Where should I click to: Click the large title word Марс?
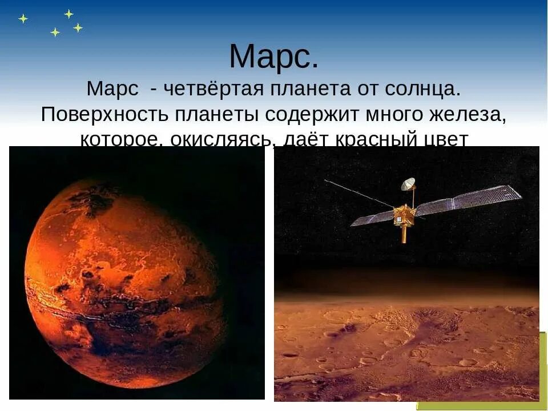pos(273,57)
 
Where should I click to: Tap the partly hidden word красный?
pos(380,139)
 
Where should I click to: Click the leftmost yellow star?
pos(23,18)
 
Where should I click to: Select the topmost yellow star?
pos(68,13)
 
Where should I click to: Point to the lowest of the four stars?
pos(55,32)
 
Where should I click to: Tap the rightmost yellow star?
pos(78,27)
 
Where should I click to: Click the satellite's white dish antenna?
pos(408,184)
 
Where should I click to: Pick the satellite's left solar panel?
pos(372,218)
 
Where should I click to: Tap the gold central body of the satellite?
pos(404,216)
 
